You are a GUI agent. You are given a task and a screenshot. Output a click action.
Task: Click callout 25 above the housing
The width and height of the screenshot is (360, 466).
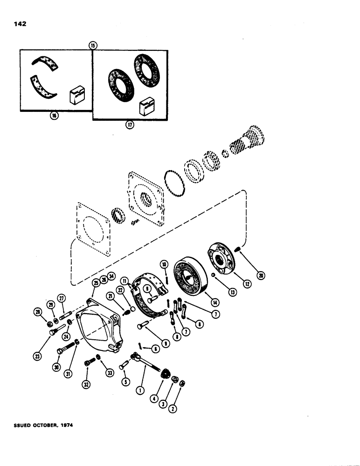tap(96, 282)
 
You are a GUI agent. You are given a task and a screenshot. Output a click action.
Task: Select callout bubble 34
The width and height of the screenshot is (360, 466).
tap(111, 277)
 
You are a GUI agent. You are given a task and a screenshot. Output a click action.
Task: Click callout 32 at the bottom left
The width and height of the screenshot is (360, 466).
tap(87, 386)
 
